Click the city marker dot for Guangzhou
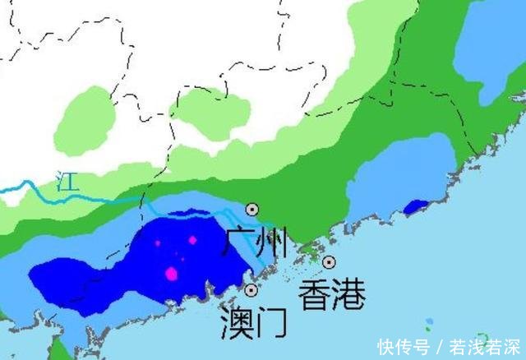[x=252, y=210]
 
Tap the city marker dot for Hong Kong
[x=329, y=262]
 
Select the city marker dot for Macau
[x=251, y=290]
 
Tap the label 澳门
[x=254, y=321]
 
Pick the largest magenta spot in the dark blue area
[x=172, y=274]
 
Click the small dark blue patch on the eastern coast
[x=416, y=207]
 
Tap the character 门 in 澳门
[x=271, y=321]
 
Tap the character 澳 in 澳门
[x=237, y=321]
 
